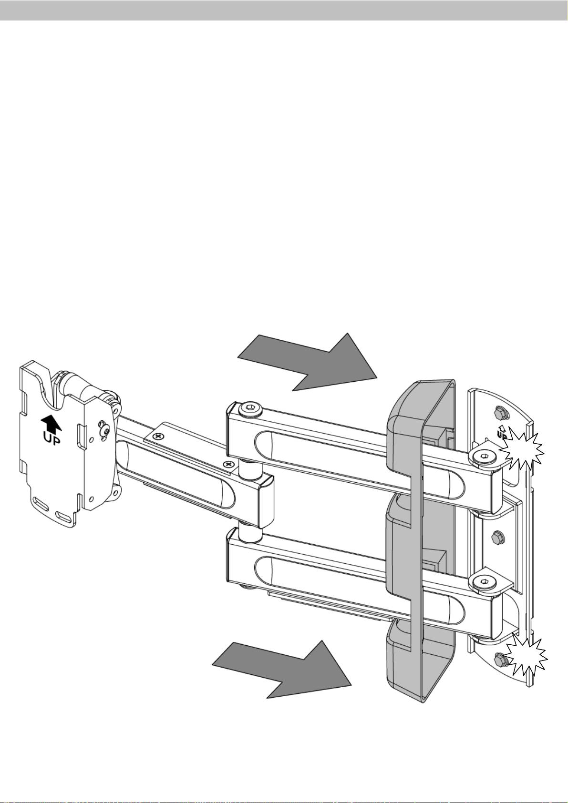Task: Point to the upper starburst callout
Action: click(524, 450)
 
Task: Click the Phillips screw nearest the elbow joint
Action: click(229, 463)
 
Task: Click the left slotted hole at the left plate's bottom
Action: click(40, 503)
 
